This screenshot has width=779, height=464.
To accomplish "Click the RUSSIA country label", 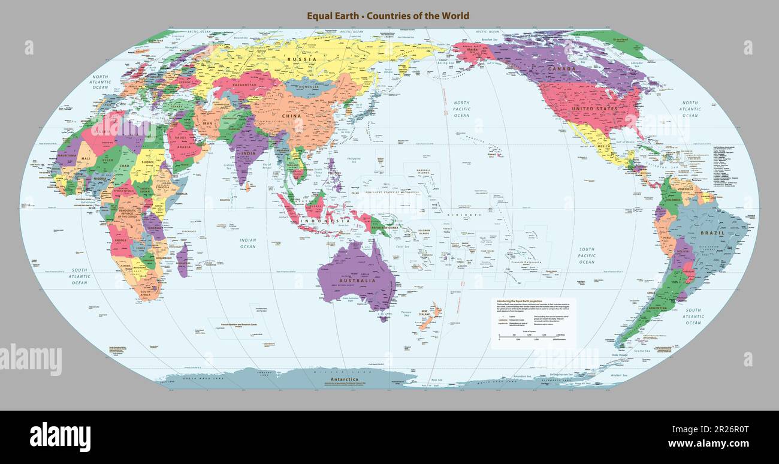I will click(x=301, y=59).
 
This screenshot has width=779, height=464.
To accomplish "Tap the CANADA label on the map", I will click(x=561, y=69).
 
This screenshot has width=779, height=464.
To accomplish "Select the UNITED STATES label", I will click(x=594, y=109).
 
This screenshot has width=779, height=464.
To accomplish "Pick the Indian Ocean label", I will click(x=248, y=243).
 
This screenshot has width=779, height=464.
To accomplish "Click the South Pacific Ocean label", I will click(x=587, y=255).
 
